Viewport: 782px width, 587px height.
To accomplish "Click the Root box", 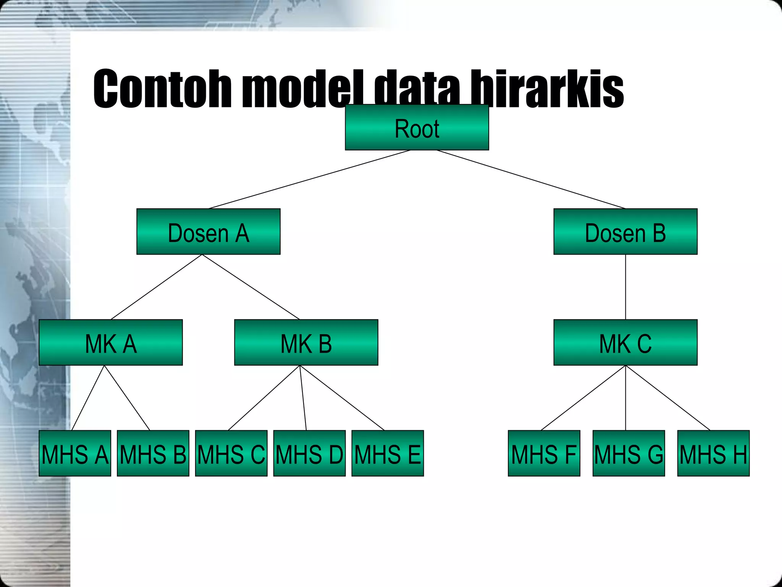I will (417, 127).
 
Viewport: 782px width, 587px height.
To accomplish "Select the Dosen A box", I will (208, 232).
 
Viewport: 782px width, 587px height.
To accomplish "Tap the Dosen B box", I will (625, 232).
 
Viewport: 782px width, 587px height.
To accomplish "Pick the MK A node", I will (110, 342).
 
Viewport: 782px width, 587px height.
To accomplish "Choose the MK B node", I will (306, 342).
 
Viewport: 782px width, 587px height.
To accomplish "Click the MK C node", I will (625, 342).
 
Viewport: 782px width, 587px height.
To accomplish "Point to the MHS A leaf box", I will (75, 453).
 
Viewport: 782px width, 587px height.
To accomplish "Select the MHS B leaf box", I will (153, 453).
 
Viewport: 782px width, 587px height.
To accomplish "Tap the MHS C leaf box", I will (231, 453).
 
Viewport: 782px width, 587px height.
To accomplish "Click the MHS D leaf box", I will (309, 453).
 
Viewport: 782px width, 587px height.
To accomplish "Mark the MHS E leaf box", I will (388, 453).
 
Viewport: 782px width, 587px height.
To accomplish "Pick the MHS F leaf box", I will (544, 453).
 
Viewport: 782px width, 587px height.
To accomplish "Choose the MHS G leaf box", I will (629, 453).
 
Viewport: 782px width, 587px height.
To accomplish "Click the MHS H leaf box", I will (713, 453).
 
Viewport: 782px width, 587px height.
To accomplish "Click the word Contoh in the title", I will (162, 89).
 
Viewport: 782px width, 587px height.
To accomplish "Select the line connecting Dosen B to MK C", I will (625, 287).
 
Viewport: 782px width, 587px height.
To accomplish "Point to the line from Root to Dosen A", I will (309, 179).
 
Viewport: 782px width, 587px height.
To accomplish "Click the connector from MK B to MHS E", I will (342, 398).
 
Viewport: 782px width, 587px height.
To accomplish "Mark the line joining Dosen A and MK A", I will (156, 287).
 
